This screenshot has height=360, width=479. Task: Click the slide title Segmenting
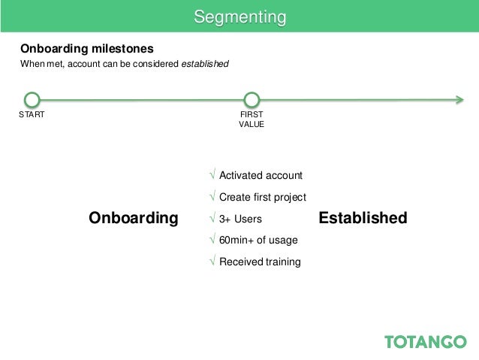[x=239, y=17]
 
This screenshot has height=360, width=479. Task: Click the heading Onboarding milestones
[x=87, y=49]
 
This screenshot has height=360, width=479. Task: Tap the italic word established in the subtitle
[x=205, y=65]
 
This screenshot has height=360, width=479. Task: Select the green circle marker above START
[x=32, y=99]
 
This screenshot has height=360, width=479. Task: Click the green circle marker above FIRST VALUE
[x=252, y=99]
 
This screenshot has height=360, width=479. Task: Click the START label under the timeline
[x=32, y=115]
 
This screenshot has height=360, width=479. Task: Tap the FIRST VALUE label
[x=252, y=119]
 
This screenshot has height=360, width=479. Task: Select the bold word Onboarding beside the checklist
[x=134, y=218]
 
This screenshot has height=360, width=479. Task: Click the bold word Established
[x=363, y=218]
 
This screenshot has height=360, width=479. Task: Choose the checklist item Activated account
[x=261, y=175]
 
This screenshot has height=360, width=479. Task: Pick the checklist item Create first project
[x=262, y=197]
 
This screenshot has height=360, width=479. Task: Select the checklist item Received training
[x=260, y=262]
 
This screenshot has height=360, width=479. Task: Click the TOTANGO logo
[x=425, y=341]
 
